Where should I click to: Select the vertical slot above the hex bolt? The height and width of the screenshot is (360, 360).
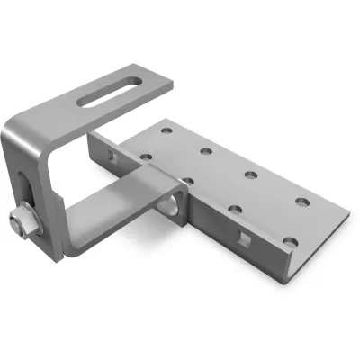(x=27, y=190)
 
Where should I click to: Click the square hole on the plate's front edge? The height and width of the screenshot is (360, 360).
(x=242, y=238)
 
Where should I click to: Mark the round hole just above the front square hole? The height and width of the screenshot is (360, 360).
(x=235, y=210)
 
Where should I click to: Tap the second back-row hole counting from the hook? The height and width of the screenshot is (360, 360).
(x=208, y=152)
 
